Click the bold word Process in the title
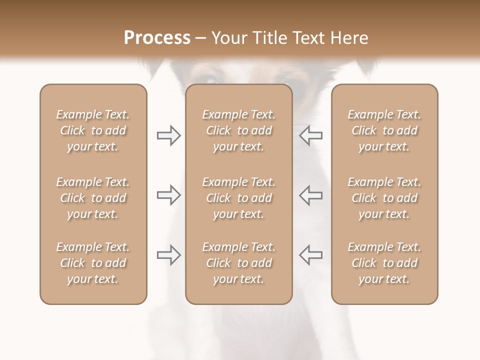[157, 38]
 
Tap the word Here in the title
[350, 38]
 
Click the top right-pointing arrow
[168, 135]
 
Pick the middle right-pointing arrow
[168, 195]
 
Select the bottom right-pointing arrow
[168, 255]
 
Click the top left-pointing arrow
[310, 135]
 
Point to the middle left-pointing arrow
[310, 195]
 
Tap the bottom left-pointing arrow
[310, 255]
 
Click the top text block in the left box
[93, 130]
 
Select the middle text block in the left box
[93, 198]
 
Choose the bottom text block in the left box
[93, 263]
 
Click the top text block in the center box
[238, 130]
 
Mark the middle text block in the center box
[238, 198]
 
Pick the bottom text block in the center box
[238, 263]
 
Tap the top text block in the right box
[384, 130]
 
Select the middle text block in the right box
[384, 198]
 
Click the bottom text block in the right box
[384, 263]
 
